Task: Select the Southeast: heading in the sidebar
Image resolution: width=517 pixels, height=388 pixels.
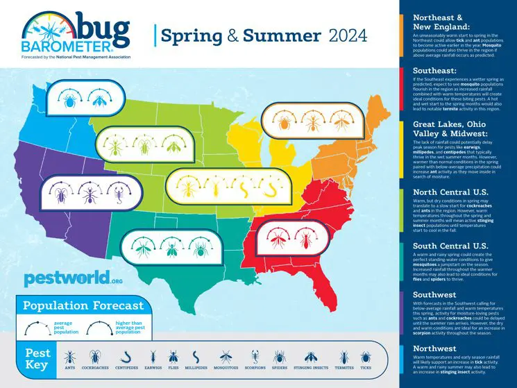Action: pyautogui.click(x=435, y=70)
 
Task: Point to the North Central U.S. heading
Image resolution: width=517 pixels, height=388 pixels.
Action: pyautogui.click(x=451, y=192)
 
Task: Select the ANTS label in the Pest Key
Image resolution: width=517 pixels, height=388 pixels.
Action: pyautogui.click(x=69, y=369)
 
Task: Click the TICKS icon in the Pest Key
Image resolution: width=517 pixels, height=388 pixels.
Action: pyautogui.click(x=365, y=356)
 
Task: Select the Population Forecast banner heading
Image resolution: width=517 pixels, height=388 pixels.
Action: pyautogui.click(x=83, y=305)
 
